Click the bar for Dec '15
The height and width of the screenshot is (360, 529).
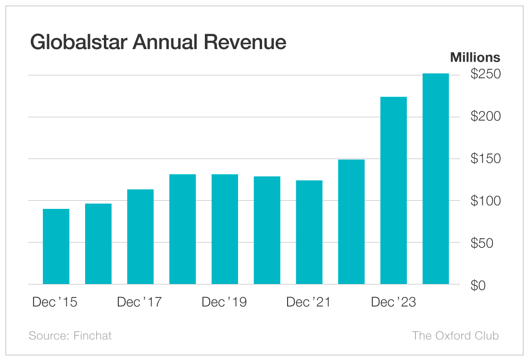pyautogui.click(x=56, y=246)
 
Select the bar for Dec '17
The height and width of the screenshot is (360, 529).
pyautogui.click(x=140, y=237)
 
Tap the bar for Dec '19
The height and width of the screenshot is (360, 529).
pyautogui.click(x=225, y=229)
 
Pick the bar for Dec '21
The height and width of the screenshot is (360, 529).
pyautogui.click(x=309, y=232)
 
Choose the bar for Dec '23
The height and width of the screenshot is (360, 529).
pyautogui.click(x=393, y=191)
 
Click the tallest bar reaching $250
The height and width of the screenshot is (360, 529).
pyautogui.click(x=436, y=179)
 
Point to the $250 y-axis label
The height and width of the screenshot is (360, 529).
pyautogui.click(x=485, y=75)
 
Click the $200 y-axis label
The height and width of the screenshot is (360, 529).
pyautogui.click(x=485, y=117)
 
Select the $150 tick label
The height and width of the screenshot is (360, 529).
pyautogui.click(x=485, y=159)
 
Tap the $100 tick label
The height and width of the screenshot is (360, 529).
pyautogui.click(x=485, y=201)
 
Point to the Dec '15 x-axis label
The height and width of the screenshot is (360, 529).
pyautogui.click(x=55, y=302)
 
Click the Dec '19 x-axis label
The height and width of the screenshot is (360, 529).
pyautogui.click(x=224, y=302)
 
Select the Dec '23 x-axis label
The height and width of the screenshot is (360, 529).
pyautogui.click(x=393, y=302)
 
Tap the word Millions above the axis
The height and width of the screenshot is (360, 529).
pyautogui.click(x=475, y=58)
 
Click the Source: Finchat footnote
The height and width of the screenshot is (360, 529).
pyautogui.click(x=70, y=335)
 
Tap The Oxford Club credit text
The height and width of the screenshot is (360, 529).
pyautogui.click(x=455, y=335)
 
